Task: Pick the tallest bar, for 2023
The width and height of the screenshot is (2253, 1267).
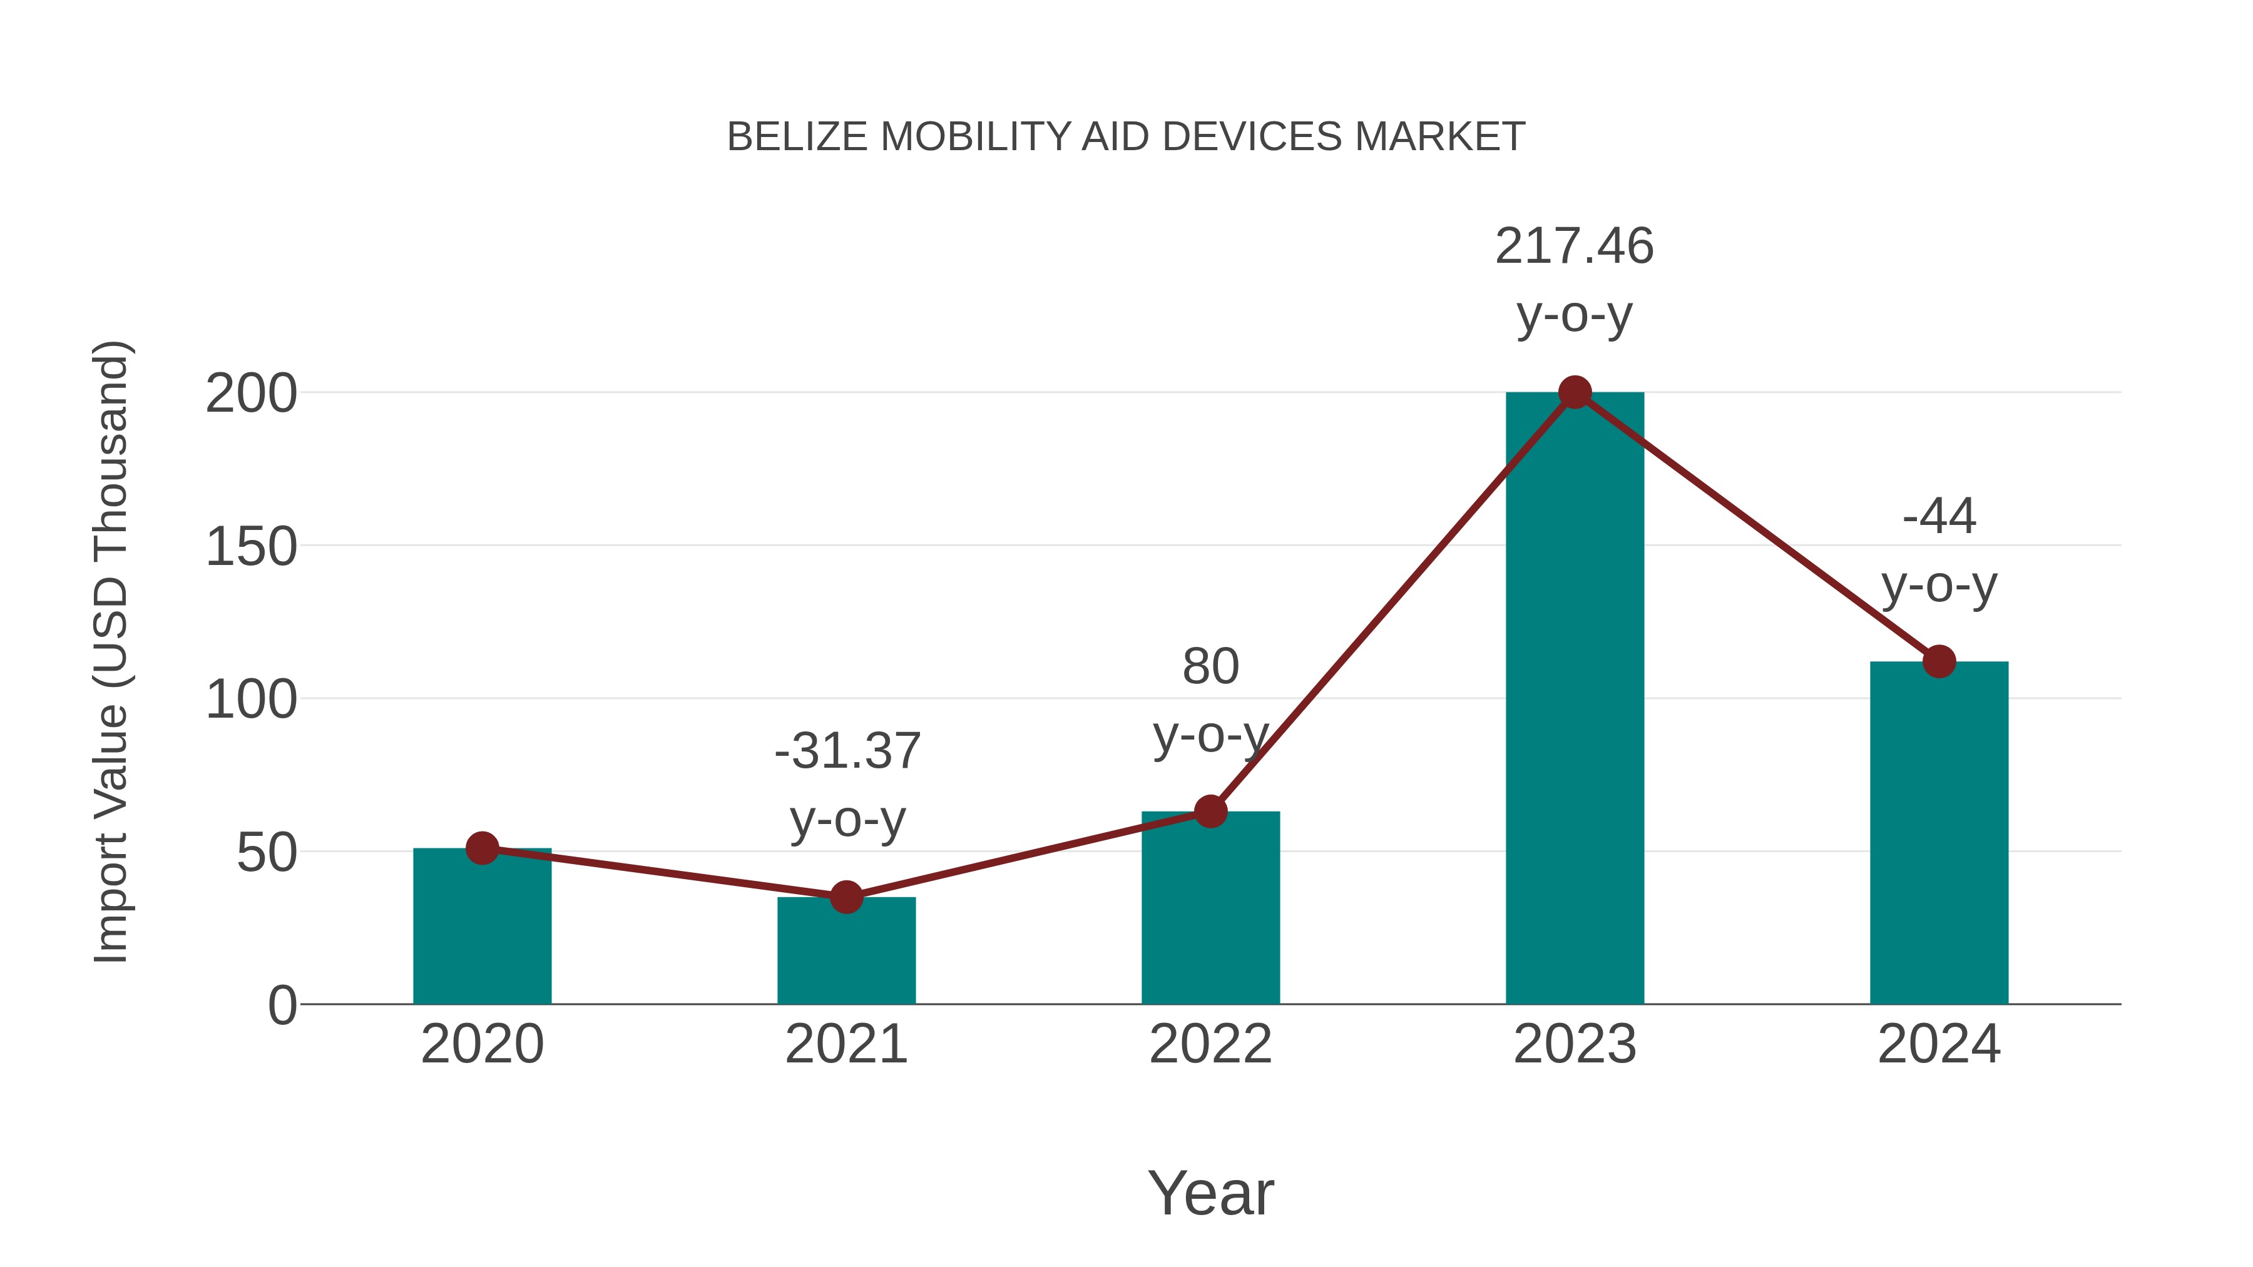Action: click(x=1575, y=700)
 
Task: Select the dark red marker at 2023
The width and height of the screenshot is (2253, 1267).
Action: click(x=1575, y=392)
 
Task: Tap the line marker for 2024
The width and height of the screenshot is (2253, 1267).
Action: click(x=1938, y=661)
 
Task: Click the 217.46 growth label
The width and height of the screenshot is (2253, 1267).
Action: click(x=1575, y=246)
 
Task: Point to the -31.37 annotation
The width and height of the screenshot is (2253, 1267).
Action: click(x=847, y=751)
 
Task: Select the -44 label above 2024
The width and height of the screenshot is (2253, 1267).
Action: click(x=1938, y=516)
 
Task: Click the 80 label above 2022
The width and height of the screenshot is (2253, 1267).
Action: click(x=1210, y=667)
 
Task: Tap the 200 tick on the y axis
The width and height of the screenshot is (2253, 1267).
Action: click(x=251, y=394)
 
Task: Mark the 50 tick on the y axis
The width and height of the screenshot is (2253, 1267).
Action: click(x=267, y=853)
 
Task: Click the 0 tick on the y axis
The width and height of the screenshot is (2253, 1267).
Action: click(x=282, y=1005)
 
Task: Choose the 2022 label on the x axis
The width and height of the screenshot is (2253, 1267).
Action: click(x=1210, y=1044)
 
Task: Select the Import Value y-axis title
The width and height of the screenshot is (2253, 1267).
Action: click(x=111, y=651)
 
